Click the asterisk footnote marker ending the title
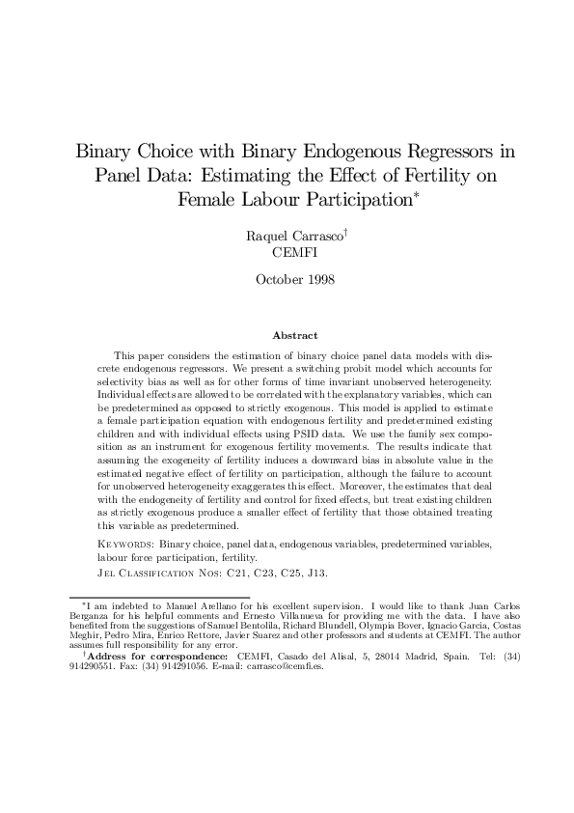point(415,196)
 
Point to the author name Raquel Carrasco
point(290,235)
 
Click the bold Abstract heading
point(294,335)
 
